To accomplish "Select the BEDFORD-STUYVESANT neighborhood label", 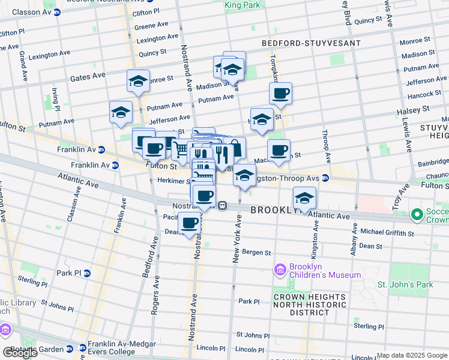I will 312,43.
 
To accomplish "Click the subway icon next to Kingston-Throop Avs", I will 325,178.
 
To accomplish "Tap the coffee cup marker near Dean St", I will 190,223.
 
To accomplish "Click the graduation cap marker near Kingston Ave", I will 304,198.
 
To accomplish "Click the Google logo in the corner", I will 20,353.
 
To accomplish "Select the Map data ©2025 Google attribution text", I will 411,355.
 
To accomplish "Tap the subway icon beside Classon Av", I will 57,12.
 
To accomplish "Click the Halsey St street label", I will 413,111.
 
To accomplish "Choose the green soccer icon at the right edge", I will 417,214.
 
